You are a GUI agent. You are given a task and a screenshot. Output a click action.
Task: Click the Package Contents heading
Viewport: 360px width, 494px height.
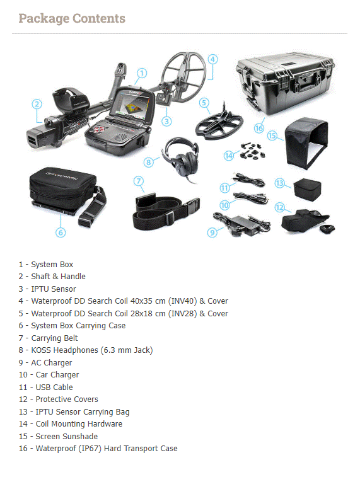coord(72,19)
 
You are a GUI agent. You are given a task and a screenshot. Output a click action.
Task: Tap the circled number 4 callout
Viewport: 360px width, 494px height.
coord(213,59)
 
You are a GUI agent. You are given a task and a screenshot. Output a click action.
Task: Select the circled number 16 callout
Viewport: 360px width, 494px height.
coord(258,129)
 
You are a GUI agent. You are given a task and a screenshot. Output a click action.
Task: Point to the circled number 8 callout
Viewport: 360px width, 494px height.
coord(149,163)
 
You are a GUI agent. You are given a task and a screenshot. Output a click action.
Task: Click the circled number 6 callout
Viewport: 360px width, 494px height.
coord(61,233)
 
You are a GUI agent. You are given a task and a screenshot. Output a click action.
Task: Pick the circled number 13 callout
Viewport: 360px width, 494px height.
coord(279,183)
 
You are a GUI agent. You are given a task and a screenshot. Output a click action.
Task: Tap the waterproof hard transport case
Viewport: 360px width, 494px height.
coord(285,83)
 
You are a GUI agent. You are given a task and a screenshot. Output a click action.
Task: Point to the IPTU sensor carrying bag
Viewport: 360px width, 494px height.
coord(307,189)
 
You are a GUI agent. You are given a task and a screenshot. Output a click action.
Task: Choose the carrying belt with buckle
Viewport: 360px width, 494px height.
coord(165,212)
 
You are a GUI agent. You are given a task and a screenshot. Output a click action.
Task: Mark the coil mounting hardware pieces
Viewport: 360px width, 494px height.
coord(252,151)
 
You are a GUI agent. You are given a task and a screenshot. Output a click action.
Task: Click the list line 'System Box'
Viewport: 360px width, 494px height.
coord(46,265)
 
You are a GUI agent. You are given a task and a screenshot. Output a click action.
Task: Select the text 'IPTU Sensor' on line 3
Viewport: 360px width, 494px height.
coord(54,289)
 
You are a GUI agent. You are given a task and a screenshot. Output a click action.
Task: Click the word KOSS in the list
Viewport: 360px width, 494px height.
coord(41,350)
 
